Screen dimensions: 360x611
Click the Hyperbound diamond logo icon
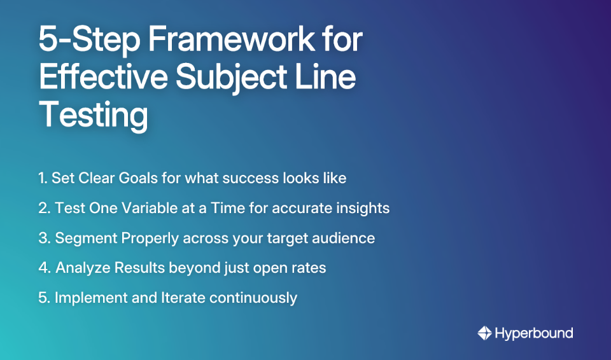pos(485,333)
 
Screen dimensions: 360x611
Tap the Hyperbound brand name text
pos(534,333)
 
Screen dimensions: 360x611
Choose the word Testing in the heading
pos(94,115)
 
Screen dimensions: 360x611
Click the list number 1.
pos(42,178)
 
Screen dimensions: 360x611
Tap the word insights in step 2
pos(365,208)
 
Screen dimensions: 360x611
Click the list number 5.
pos(43,298)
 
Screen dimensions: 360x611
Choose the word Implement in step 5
pos(87,298)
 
